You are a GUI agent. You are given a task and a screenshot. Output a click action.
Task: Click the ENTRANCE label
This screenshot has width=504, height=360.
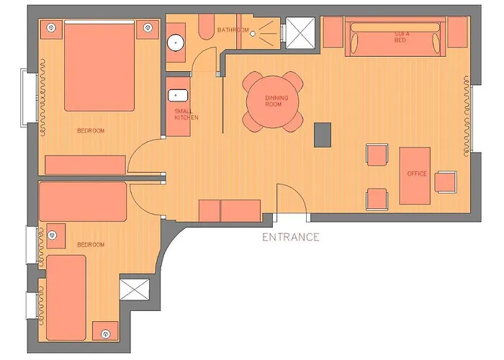pos(291,237)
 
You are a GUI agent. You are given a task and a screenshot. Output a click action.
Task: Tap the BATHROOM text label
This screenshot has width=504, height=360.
pos(233,30)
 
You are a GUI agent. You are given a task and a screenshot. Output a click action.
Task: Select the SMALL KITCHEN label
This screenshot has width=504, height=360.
pos(186,114)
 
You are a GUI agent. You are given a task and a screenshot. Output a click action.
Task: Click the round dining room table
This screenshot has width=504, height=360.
pos(273,102)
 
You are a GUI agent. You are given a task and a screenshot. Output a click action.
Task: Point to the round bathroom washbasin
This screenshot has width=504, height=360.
pos(176,42)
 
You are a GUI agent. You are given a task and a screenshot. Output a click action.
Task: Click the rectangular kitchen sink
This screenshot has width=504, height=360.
pos(178,96)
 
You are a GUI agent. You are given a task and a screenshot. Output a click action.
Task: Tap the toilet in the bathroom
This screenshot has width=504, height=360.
pos(206,27)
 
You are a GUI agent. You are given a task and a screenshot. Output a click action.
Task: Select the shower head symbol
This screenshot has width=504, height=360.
pos(253,33)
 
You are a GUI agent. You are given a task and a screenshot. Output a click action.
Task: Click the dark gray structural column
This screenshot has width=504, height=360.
pos(323,135)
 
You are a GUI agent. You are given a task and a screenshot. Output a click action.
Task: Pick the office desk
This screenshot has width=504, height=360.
pos(415,176)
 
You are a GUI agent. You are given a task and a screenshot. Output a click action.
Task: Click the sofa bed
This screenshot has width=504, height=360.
pos(395,37)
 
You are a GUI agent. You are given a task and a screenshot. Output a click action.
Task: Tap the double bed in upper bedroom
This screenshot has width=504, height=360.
pos(99,66)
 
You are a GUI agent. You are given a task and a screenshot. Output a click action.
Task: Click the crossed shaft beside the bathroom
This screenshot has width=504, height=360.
pos(300,33)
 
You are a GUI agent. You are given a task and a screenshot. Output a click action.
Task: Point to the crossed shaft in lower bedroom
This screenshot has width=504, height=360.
pos(135,289)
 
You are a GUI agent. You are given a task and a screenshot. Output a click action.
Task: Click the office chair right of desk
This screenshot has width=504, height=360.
pos(446,182)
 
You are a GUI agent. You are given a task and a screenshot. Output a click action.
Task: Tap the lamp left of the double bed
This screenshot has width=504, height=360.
pos(51,27)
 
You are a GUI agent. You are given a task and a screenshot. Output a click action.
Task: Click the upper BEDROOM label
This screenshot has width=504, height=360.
pos(91,130)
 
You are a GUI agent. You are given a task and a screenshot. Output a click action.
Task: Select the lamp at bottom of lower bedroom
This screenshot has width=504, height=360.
pos(105,334)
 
